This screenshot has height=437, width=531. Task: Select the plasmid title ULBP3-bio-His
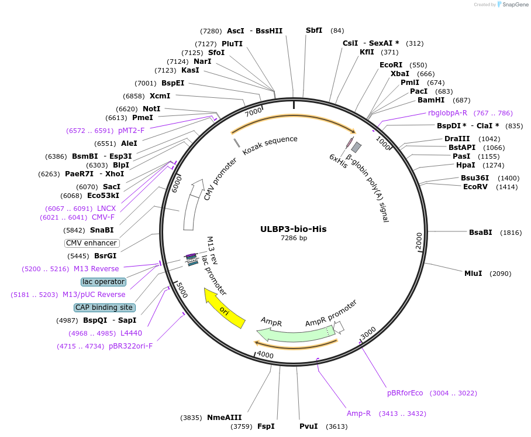pos(294,229)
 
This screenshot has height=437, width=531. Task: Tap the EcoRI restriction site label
pos(391,65)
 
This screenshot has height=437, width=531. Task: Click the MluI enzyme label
pos(473,274)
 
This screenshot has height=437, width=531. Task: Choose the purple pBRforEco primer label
pos(405,392)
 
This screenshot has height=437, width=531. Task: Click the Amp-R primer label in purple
pos(358,414)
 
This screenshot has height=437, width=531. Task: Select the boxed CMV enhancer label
pos(91,243)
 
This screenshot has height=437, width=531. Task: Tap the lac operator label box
pos(104,282)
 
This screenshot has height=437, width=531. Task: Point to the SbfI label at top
pos(314,30)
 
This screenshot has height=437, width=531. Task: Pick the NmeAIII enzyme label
pos(224,418)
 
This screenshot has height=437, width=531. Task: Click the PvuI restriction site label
pos(308,426)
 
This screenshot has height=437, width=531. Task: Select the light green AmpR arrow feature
pos(292,334)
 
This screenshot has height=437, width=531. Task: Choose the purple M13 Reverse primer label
pos(96,269)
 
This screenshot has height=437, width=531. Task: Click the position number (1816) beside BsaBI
pos(510,233)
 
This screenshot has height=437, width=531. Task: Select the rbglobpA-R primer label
pos(447,113)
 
